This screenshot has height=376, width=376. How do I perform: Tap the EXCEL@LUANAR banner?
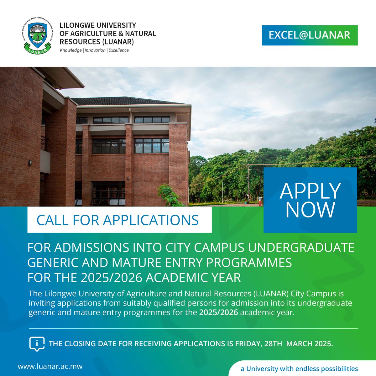310,35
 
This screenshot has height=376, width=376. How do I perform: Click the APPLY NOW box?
310,200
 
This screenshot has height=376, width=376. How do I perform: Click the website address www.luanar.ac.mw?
50,366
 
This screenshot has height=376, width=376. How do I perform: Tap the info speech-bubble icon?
37,344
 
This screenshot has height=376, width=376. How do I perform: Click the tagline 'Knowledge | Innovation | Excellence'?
94,50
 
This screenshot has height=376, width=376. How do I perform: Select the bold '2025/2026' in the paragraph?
219,312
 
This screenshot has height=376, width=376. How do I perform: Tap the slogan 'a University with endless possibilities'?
299,368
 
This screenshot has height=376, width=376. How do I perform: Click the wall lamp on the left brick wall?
30,163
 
